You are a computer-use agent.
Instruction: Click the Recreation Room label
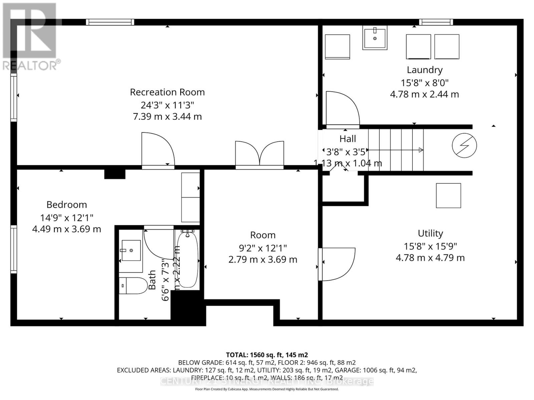point(167,92)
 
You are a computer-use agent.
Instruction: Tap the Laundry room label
point(425,70)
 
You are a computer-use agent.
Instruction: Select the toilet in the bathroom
point(133,286)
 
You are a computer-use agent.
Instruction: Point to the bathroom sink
point(131,250)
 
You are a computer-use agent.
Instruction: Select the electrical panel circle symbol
point(464,145)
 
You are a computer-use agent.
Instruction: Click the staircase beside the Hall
point(396,150)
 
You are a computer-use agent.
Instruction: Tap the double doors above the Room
point(260,154)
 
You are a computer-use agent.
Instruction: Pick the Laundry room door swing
point(342,109)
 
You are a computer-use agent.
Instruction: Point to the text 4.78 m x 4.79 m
point(430,258)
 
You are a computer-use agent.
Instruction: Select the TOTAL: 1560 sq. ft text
point(267,355)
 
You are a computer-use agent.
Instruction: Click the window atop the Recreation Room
point(110,22)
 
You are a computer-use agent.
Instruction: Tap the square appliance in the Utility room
point(448,196)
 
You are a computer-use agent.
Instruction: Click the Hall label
point(347,139)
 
